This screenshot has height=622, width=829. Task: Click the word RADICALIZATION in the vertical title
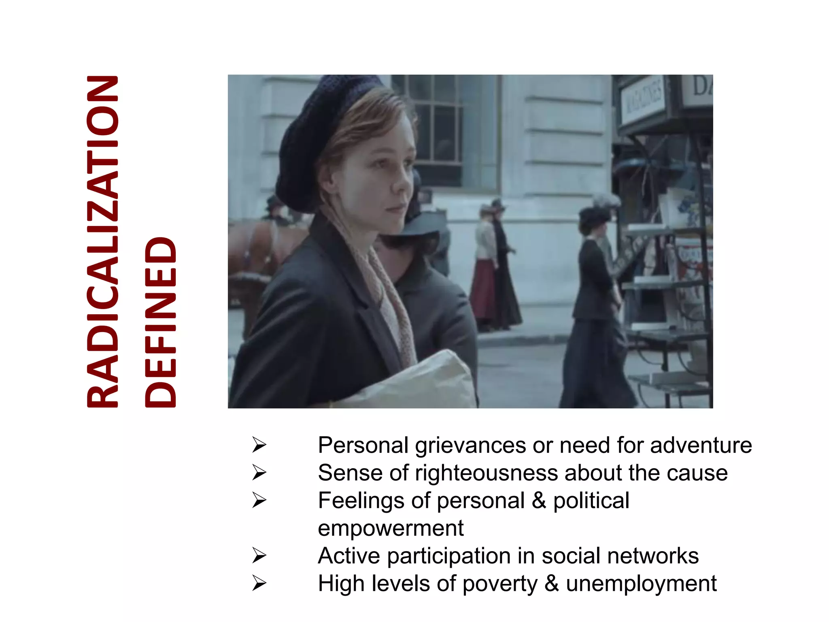(x=103, y=241)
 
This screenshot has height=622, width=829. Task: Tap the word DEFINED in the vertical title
(x=161, y=322)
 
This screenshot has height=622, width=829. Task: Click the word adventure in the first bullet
(x=701, y=445)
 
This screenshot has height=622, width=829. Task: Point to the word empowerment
(x=391, y=528)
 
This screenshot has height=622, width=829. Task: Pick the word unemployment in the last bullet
(x=641, y=584)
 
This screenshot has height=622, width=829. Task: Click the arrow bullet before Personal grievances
(x=259, y=445)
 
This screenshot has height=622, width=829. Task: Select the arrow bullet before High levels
(x=259, y=584)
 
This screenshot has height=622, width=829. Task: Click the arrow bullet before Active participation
(x=259, y=556)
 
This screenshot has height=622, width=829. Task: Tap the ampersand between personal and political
(x=538, y=501)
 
